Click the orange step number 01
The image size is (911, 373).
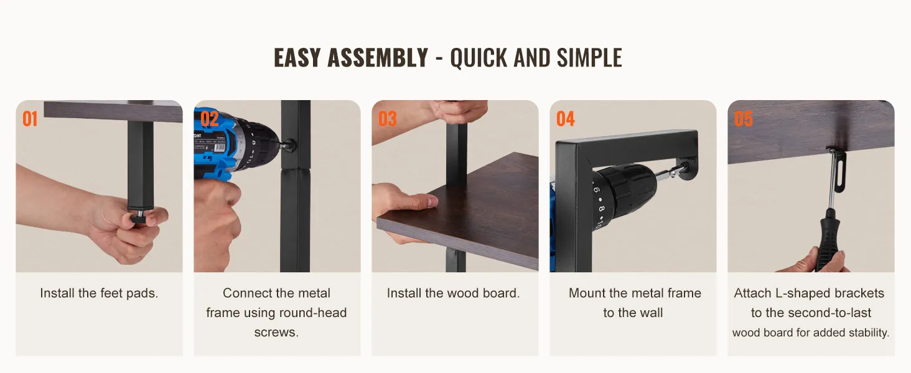tap(30, 119)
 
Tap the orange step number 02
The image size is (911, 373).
tap(210, 119)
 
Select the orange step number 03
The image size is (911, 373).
tap(387, 119)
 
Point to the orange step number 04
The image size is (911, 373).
tap(565, 119)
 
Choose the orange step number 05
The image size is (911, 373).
tap(743, 119)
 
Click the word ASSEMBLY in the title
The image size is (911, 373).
tap(378, 58)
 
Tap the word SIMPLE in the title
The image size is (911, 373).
tap(589, 58)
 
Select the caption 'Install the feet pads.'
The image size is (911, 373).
tap(99, 293)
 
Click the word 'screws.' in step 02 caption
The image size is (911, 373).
tap(276, 333)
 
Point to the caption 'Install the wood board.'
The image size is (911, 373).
tap(454, 293)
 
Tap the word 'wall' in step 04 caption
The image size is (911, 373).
tap(652, 313)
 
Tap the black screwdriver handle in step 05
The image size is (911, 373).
tap(829, 240)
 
